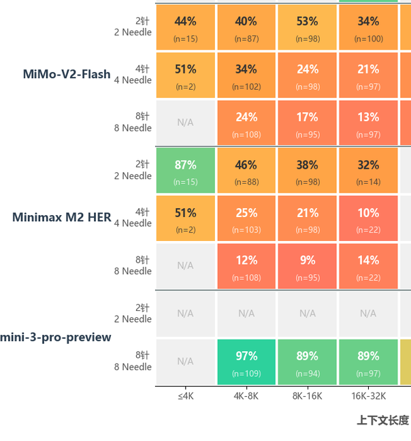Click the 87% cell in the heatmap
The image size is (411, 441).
186,170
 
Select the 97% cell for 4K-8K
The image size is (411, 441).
246,362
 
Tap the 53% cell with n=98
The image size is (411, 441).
308,27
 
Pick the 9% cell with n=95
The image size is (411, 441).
308,266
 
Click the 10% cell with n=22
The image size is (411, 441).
368,218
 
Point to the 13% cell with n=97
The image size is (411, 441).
368,122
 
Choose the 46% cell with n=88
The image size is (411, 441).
246,170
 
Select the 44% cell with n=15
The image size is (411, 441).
186,27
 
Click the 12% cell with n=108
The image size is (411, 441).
246,266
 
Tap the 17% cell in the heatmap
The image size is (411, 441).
308,122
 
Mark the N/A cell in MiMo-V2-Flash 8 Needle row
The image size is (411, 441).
186,122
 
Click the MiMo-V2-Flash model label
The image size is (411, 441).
67,74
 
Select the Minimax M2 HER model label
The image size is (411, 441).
61,217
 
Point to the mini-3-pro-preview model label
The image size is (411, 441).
56,338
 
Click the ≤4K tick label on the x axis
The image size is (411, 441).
186,396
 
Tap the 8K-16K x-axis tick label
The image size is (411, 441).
308,396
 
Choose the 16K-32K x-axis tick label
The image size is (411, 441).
369,396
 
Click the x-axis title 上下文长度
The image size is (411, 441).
382,420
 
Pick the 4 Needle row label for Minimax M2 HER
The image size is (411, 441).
133,217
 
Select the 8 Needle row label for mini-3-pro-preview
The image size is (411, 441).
133,361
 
